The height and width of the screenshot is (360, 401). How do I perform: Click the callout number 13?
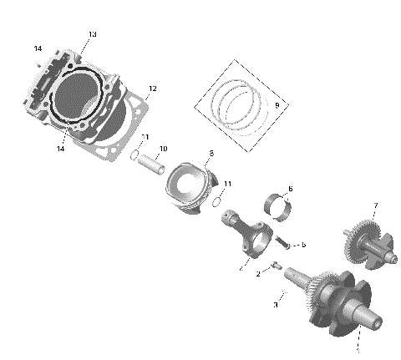point(92,34)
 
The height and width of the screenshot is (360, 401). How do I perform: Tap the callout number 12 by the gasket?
point(152,89)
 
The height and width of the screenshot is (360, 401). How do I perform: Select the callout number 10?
point(164,149)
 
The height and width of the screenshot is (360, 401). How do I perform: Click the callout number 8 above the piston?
point(211,154)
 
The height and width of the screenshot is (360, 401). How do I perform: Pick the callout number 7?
point(375,205)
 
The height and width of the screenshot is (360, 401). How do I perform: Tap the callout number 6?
point(290,189)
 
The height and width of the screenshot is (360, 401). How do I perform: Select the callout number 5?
point(303,244)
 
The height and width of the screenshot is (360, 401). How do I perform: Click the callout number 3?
point(276,305)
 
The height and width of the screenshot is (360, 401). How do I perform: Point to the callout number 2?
point(259,273)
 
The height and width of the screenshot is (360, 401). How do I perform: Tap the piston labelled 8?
point(191,187)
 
